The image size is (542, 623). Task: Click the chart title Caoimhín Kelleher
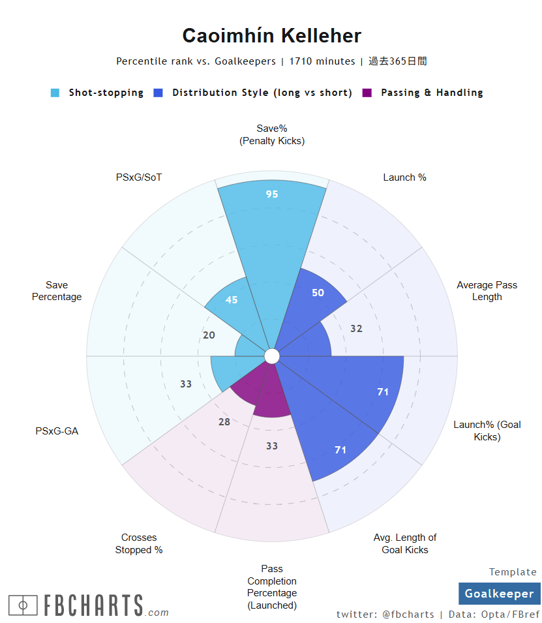[271, 36]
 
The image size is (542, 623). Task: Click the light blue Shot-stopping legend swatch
[55, 93]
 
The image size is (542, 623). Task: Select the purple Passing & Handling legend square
[367, 93]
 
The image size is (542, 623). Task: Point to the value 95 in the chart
[272, 194]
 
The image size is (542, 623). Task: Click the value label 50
[318, 293]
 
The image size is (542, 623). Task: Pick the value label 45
[232, 300]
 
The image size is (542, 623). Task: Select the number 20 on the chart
[209, 335]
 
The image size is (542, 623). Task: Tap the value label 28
[224, 422]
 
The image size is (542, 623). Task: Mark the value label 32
[356, 329]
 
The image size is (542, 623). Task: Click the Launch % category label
[404, 177]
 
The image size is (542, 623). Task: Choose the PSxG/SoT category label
[139, 177]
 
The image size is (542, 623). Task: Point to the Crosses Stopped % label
[139, 543]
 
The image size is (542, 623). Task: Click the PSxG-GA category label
[57, 431]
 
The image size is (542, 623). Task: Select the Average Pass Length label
[487, 291]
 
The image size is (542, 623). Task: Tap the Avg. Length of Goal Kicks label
[405, 543]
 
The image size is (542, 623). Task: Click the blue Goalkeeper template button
[499, 594]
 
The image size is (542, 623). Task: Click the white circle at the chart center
[272, 356]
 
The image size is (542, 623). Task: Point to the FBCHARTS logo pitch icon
[23, 606]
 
